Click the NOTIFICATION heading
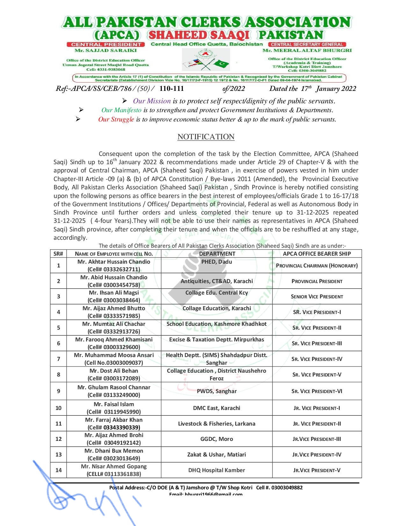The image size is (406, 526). tap(206, 137)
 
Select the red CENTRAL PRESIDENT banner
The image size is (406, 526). tap(106, 45)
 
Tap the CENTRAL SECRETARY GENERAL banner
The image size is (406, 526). tap(307, 45)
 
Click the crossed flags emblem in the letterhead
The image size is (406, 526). tap(206, 60)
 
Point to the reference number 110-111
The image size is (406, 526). tap(171, 89)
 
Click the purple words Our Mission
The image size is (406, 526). tap(152, 101)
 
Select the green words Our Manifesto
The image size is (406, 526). tap(121, 110)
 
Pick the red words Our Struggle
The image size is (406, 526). tap(116, 120)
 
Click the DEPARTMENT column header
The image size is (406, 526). tap(217, 254)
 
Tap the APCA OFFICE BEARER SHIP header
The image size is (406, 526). tap(317, 254)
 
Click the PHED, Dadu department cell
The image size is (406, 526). tap(217, 262)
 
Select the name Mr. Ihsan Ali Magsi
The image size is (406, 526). tap(114, 293)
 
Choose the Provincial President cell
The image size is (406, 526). tap(317, 281)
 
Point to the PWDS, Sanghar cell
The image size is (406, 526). tap(217, 391)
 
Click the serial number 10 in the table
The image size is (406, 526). tap(59, 408)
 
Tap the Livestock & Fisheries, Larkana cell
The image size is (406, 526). tap(217, 424)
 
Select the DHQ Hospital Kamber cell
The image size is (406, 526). tap(217, 470)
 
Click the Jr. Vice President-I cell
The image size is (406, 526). tap(317, 408)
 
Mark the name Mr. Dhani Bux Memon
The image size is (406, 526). tap(114, 451)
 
